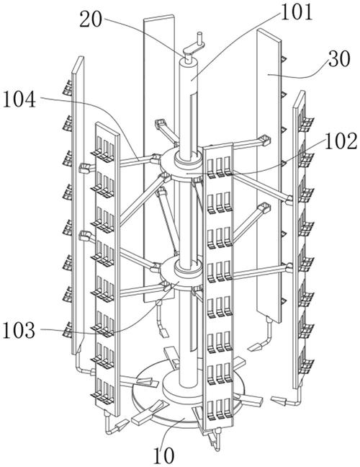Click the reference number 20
click(x=91, y=20)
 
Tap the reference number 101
click(x=297, y=12)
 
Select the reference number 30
click(x=339, y=60)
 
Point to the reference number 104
click(x=19, y=99)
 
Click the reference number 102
click(x=341, y=141)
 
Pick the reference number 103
click(x=19, y=330)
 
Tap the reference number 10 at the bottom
click(x=163, y=455)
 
